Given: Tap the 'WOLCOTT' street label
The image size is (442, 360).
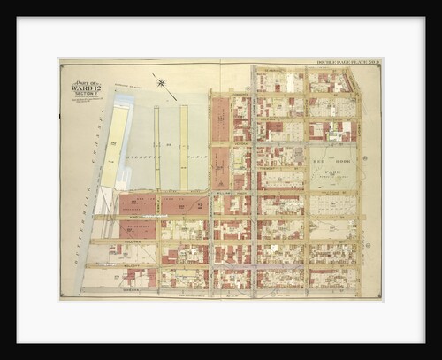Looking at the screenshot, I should tap(133, 265).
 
